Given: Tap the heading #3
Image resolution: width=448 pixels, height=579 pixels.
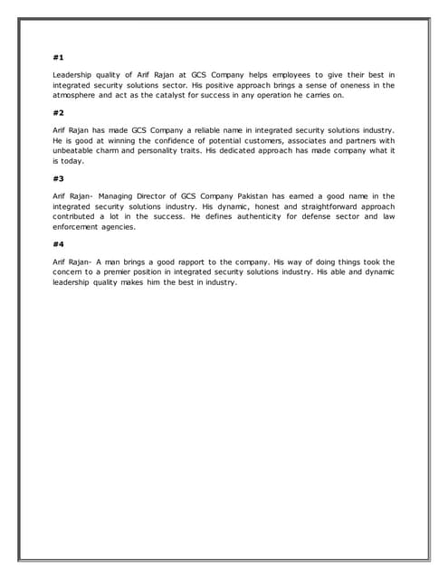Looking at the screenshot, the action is click(59, 178).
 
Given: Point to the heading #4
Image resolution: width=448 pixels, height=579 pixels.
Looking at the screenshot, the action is click(59, 244).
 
